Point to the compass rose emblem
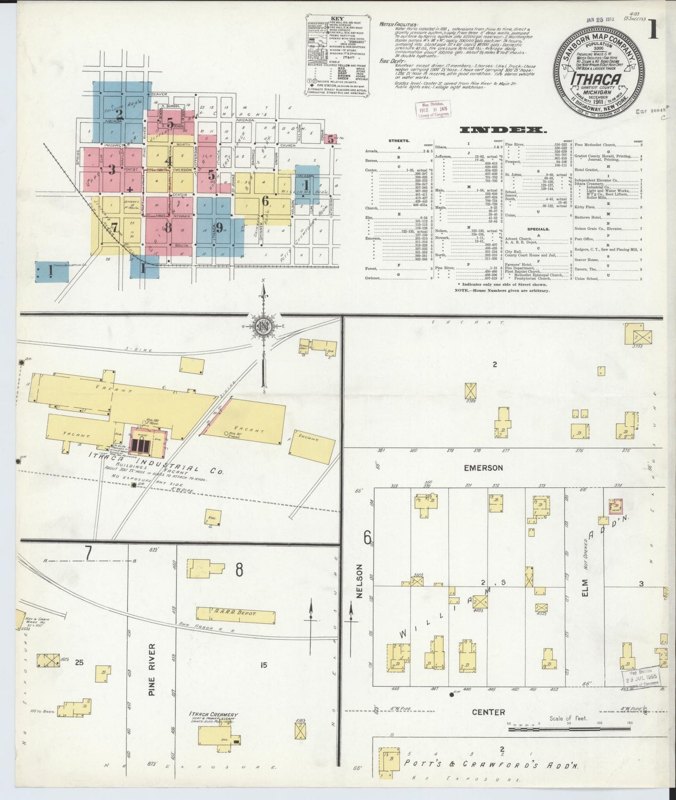point(263,326)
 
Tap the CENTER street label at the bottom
point(488,712)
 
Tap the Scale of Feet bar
point(569,724)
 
